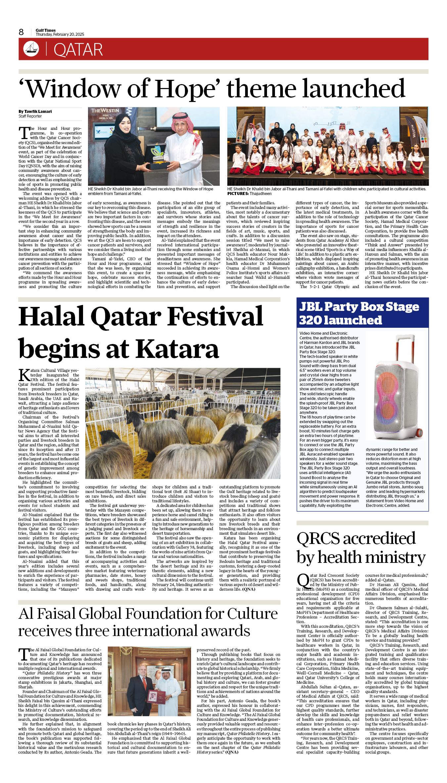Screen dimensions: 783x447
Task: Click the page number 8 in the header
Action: click(x=22, y=32)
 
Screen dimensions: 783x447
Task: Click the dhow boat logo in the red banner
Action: click(x=31, y=49)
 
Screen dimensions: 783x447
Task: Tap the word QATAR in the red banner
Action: click(x=78, y=50)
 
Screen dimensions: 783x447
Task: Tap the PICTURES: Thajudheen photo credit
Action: click(x=249, y=193)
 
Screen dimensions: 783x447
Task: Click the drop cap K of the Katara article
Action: click(x=24, y=374)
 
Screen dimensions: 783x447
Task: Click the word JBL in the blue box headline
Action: click(x=310, y=307)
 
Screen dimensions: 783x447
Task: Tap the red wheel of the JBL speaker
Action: click(x=419, y=432)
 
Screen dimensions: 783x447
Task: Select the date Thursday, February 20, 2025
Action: click(x=60, y=34)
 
